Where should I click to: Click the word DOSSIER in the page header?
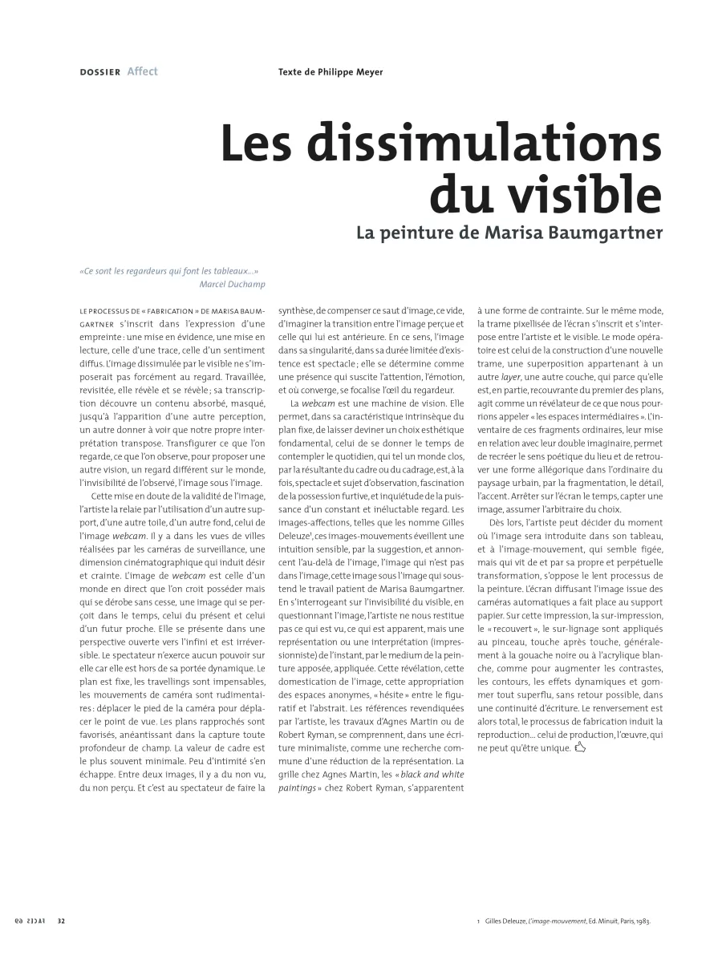(99, 72)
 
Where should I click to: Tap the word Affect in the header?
(142, 71)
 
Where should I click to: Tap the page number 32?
(61, 921)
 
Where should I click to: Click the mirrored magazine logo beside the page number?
(30, 921)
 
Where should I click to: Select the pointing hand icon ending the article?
(581, 748)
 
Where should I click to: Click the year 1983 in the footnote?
(641, 921)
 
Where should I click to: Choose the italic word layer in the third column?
(511, 376)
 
